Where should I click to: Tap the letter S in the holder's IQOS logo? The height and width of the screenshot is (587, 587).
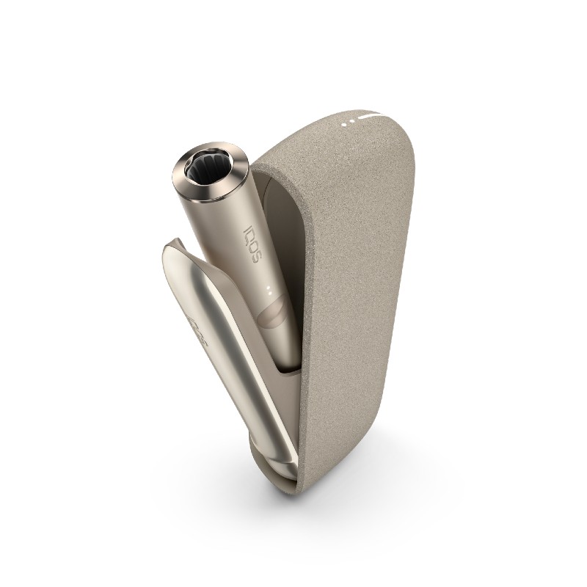tap(254, 250)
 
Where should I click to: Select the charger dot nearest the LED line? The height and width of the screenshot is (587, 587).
tap(354, 119)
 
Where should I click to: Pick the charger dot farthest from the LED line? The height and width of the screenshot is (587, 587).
tap(346, 122)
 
